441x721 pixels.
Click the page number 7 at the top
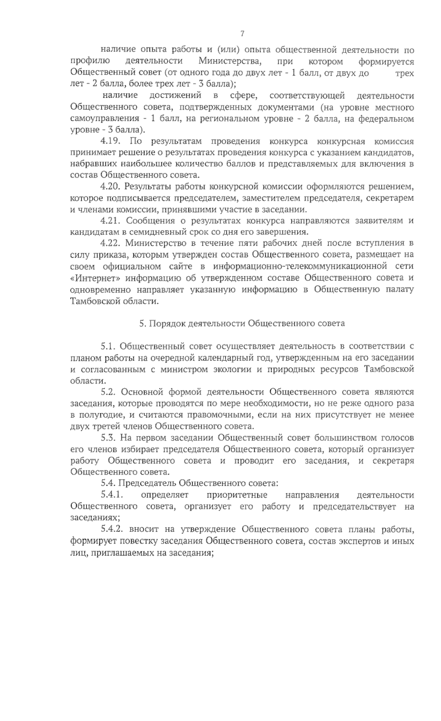click(242, 34)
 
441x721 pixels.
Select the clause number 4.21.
click(111, 221)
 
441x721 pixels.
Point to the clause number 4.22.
click(111, 243)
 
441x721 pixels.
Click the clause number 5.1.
click(109, 346)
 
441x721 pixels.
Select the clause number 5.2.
click(109, 392)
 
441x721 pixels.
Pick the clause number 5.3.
click(109, 438)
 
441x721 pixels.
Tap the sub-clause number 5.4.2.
click(112, 529)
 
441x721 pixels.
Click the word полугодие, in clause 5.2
click(97, 415)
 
